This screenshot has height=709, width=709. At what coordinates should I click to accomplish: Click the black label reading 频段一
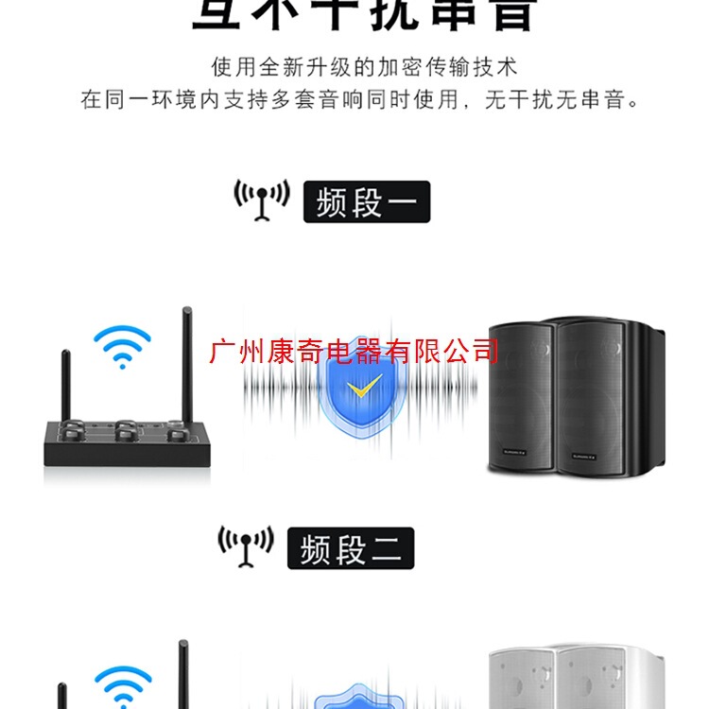366,202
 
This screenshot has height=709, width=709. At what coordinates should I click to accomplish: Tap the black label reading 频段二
351,548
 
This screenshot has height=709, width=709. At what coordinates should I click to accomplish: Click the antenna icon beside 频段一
261,199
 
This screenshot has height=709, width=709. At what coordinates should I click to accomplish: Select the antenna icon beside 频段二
246,545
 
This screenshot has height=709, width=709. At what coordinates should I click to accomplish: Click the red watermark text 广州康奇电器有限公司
354,353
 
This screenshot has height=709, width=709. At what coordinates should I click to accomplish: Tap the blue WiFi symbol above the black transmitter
122,346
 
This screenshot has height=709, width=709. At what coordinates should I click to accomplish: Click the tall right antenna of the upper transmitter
187,364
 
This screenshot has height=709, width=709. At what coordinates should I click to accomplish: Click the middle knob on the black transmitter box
128,436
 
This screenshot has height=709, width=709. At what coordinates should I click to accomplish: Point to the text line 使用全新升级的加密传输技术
364,68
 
